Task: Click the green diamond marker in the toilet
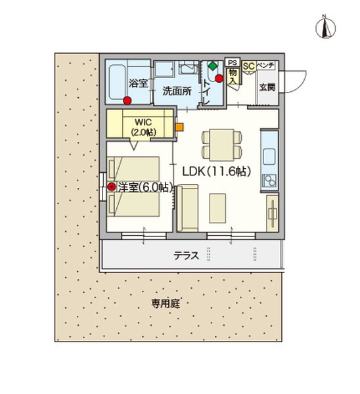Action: (212, 66)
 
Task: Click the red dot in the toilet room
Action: (219, 78)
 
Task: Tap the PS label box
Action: (233, 62)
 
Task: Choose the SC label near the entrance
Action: (248, 66)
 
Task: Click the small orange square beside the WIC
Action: (179, 127)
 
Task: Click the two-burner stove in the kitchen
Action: (270, 179)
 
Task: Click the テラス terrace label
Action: (186, 256)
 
